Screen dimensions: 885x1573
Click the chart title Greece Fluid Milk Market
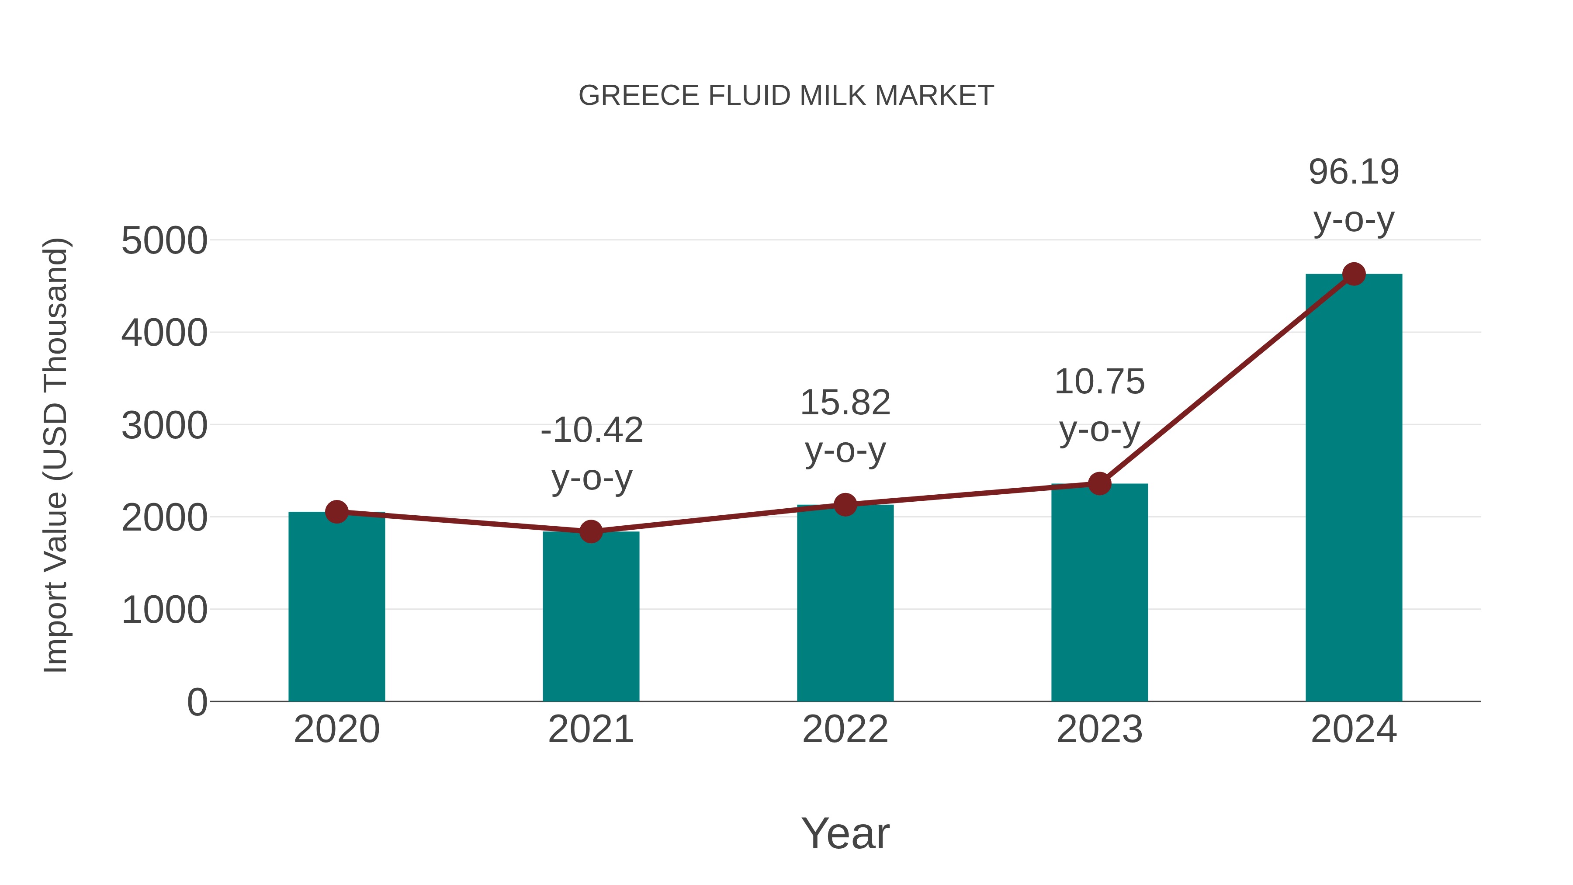[x=786, y=96]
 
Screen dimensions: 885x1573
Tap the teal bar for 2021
[x=590, y=617]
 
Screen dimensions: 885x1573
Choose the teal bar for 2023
[x=1099, y=593]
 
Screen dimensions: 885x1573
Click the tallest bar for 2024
[x=1354, y=489]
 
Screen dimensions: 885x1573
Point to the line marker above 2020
[x=336, y=512]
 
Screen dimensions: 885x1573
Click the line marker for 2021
[x=590, y=531]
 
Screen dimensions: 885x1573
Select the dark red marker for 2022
[x=845, y=504]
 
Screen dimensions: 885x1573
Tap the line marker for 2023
[x=1099, y=484]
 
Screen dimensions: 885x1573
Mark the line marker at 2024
[x=1354, y=274]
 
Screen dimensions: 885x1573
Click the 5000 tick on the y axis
[x=164, y=241]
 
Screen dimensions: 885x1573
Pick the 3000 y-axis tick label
[x=164, y=426]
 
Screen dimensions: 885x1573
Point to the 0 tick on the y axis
[x=197, y=702]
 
